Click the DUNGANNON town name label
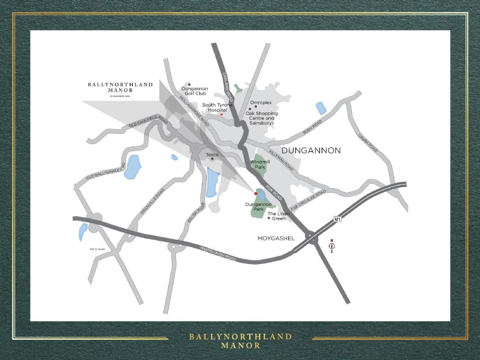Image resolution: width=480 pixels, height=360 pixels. (311, 151)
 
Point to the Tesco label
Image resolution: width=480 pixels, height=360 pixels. (212, 155)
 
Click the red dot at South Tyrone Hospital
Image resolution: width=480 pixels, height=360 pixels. (221, 115)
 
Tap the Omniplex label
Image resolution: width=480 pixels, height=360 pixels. (261, 102)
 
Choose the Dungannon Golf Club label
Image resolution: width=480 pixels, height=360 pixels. (193, 91)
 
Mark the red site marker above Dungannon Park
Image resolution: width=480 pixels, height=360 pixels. (256, 193)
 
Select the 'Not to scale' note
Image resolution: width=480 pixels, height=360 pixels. (97, 249)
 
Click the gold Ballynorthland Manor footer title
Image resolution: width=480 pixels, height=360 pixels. (240, 340)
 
